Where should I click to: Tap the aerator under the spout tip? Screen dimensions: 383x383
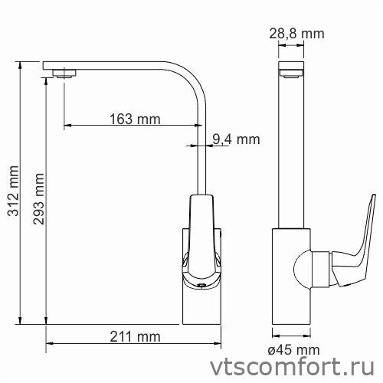coord(64,74)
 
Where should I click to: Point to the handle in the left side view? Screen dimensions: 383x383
coord(201,237)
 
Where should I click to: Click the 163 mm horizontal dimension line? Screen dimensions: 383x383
coord(130,126)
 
